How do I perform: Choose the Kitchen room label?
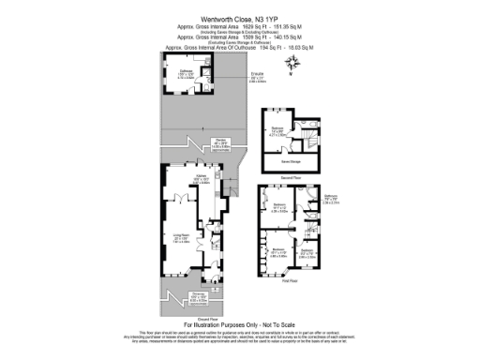coord(200,175)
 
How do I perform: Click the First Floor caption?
coord(291,280)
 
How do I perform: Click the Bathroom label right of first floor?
coord(330,199)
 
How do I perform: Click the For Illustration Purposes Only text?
coord(239,325)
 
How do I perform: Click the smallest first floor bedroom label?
coord(307,251)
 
